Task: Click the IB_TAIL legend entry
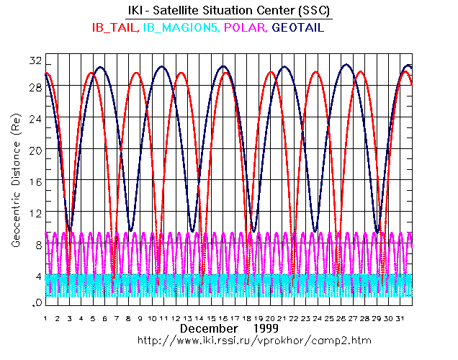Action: click(x=116, y=28)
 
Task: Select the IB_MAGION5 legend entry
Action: click(x=181, y=28)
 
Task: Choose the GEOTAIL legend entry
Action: click(x=298, y=28)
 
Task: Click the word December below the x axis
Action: click(x=209, y=328)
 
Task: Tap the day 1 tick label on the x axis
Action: click(x=45, y=318)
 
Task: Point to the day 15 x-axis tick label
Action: click(x=215, y=318)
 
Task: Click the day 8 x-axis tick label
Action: click(x=130, y=318)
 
